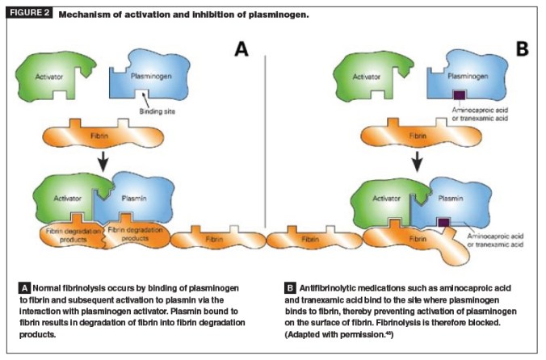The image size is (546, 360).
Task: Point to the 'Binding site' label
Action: click(143, 112)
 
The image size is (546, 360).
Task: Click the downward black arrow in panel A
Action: click(104, 162)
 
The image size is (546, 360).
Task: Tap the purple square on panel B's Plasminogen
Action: click(458, 95)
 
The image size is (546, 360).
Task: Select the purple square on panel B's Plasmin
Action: click(442, 220)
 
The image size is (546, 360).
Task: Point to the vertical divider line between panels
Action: click(266, 161)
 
